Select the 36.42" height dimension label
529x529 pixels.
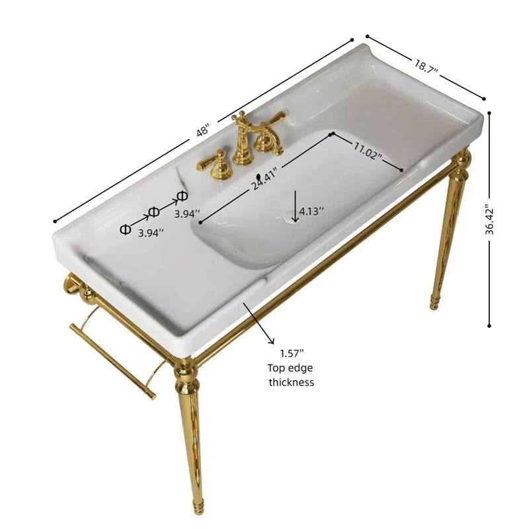(490, 219)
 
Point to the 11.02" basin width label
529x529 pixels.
(367, 153)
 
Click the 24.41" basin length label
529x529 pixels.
(264, 178)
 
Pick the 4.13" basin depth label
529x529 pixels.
(312, 211)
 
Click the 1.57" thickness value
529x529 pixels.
(291, 354)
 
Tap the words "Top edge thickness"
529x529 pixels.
(291, 375)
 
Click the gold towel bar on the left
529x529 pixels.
(112, 357)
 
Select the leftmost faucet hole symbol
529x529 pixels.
(125, 229)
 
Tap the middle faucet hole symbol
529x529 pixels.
(153, 212)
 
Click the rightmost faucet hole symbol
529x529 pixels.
(182, 195)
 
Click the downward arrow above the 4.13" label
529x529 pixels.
(295, 202)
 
